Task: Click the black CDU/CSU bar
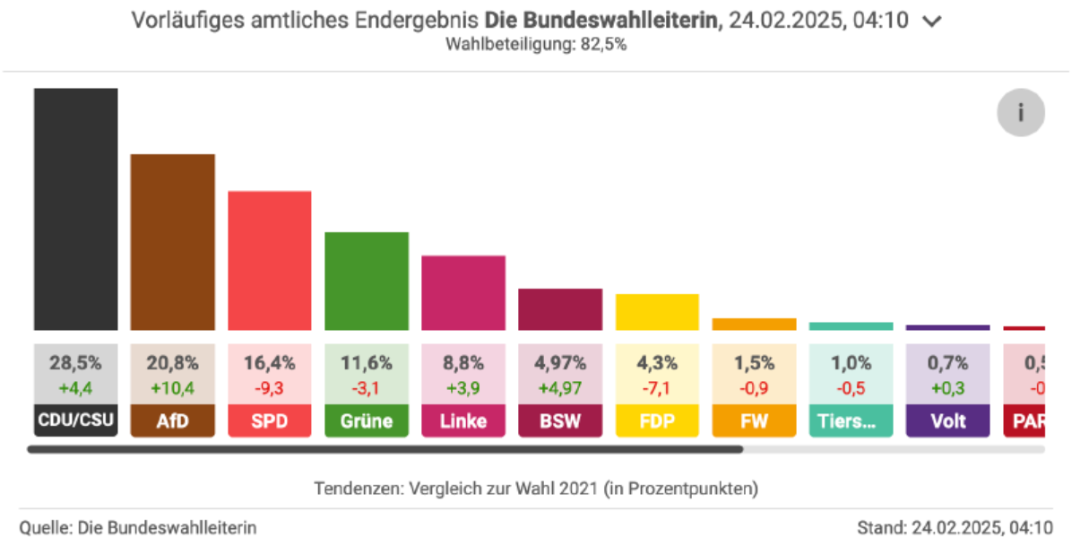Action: coord(76,209)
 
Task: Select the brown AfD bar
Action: coord(173,242)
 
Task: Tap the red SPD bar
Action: coord(270,260)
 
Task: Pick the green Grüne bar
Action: coord(367,281)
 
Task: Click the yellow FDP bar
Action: coord(657,312)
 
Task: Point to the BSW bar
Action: coord(560,309)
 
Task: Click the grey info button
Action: coord(1020,114)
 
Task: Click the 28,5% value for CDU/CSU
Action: coord(76,363)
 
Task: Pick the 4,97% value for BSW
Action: coord(560,363)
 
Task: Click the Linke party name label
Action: coord(463,420)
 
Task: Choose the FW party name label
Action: coord(754,420)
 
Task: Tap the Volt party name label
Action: coord(947,420)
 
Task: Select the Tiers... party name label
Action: coord(851,420)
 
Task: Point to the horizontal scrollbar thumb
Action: coord(385,449)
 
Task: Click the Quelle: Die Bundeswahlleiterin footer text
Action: coord(138,528)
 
